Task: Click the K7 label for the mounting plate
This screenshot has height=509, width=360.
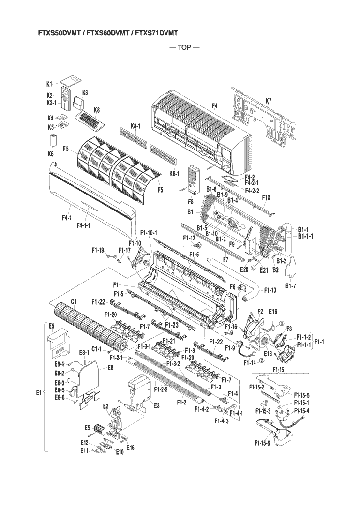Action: point(269,101)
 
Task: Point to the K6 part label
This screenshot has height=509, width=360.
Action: point(50,154)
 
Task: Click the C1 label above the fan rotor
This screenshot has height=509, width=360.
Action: point(74,301)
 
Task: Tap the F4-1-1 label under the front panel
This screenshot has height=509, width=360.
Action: point(86,225)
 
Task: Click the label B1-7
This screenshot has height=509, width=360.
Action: point(291,286)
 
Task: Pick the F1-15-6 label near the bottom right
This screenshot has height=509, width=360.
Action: point(263,442)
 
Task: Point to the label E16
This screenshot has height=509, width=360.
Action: point(130,448)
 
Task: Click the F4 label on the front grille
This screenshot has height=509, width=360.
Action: point(214,106)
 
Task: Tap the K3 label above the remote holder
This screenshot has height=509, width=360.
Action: point(85,92)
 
